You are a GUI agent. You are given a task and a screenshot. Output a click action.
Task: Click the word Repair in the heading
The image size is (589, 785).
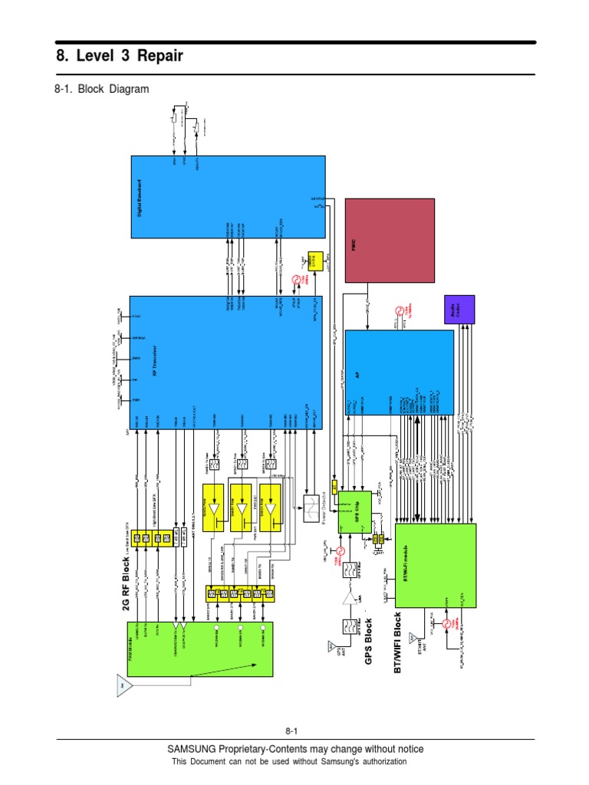click(x=156, y=57)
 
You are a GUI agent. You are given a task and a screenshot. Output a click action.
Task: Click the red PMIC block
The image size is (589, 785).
click(x=390, y=241)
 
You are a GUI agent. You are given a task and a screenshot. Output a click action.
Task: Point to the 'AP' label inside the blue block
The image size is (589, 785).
click(x=357, y=374)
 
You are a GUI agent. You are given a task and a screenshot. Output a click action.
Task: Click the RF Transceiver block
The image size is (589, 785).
click(x=225, y=362)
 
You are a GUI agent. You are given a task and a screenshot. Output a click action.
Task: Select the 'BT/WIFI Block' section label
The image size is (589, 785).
click(x=397, y=642)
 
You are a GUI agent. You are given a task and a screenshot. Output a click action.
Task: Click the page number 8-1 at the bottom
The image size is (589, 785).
click(x=294, y=730)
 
